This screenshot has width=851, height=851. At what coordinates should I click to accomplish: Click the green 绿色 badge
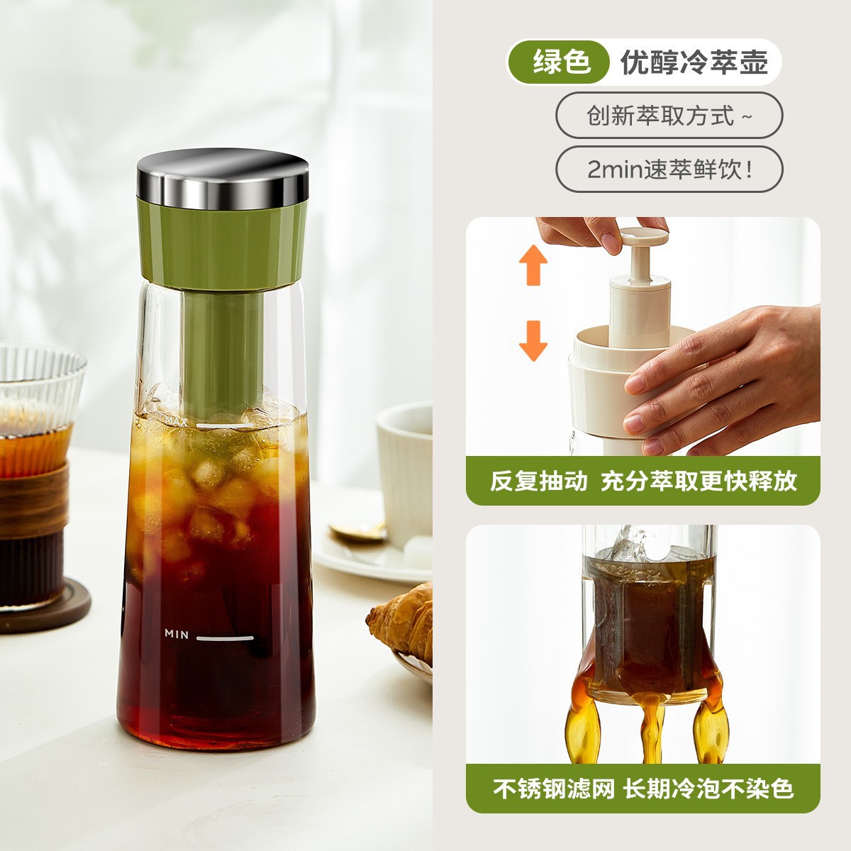coord(558,62)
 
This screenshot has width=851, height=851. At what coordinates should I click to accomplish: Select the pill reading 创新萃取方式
coord(669,116)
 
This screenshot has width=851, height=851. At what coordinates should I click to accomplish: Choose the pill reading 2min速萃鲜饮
coord(669,169)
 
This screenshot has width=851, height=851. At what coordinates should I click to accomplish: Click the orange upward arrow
coord(533,265)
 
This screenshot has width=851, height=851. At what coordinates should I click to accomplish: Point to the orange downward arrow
coord(533,340)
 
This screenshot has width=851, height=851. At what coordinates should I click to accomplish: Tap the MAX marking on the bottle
coord(177,422)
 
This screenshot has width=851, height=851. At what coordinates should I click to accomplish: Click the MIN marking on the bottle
coord(177,634)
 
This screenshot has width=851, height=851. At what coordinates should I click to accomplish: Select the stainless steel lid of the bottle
coord(223,179)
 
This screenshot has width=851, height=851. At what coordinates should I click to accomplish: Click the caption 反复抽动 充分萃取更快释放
coord(643,481)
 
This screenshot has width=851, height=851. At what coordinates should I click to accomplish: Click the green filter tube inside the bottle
coord(223,353)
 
